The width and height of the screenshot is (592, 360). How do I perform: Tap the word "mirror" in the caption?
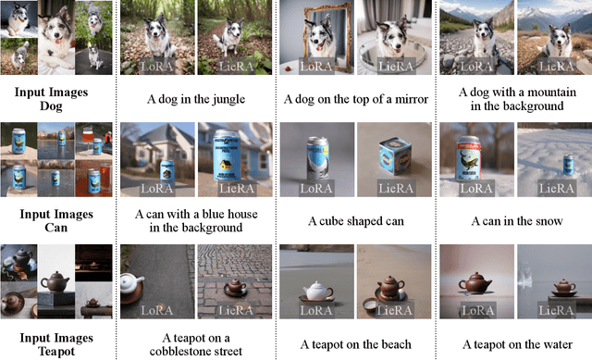click(x=412, y=99)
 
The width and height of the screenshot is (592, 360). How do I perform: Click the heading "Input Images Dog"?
click(x=52, y=99)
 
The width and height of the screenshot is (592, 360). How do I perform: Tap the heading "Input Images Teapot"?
click(x=56, y=344)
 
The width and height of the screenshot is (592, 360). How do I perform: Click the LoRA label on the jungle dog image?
click(x=156, y=67)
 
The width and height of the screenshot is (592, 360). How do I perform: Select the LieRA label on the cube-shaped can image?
click(x=396, y=188)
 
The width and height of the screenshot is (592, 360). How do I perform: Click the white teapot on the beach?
click(x=316, y=291)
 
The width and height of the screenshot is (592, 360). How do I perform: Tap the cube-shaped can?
click(x=395, y=155)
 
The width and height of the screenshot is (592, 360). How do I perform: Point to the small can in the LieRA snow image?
click(x=568, y=165)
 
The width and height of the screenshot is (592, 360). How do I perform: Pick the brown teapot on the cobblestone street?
click(x=235, y=286)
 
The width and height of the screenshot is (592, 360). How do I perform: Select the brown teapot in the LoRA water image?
click(x=475, y=282)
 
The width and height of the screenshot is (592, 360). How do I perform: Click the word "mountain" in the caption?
click(x=551, y=93)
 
